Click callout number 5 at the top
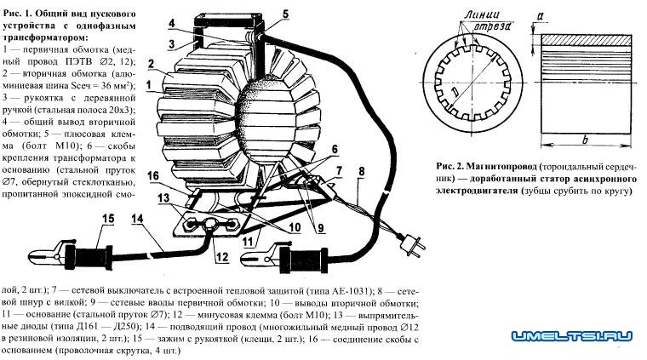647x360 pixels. tap(261, 13)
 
